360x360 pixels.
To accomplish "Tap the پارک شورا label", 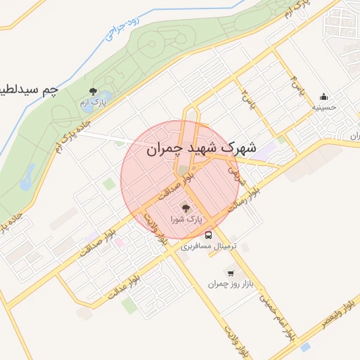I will coord(186,220).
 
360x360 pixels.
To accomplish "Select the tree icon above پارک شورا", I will coord(186,207).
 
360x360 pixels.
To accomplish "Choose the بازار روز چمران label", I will coord(229,285).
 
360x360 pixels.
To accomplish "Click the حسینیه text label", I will coord(324,108).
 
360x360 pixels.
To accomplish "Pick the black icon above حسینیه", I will coord(323,96).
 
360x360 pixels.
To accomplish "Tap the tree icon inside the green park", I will coord(94,91).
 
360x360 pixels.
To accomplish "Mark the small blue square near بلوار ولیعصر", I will coord(304,347).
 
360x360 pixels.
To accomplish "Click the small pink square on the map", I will coord(120,243).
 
